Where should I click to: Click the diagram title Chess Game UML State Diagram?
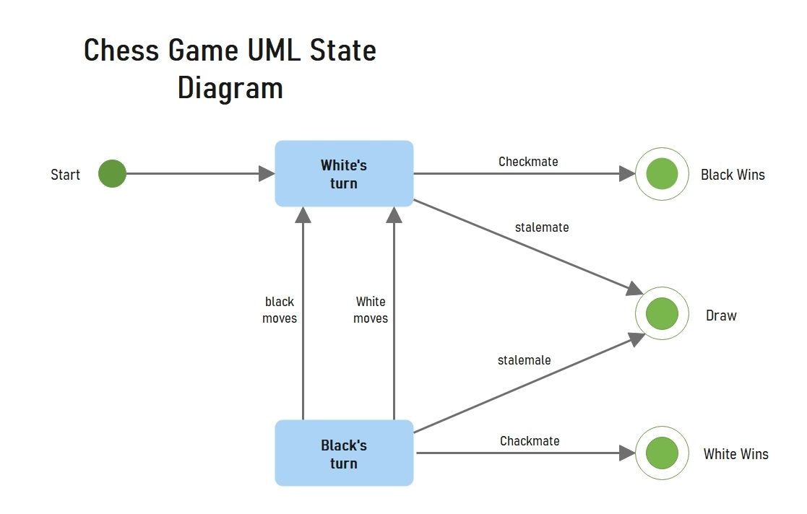[230, 69]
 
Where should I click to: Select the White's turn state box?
[344, 174]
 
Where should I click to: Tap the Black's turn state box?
[344, 453]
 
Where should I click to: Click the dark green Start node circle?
[112, 174]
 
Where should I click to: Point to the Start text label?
[65, 175]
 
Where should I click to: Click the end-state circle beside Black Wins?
[661, 174]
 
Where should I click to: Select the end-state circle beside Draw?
[661, 314]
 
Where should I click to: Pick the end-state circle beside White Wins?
[661, 453]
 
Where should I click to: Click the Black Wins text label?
[732, 175]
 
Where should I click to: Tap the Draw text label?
[720, 315]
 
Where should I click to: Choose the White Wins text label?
[735, 454]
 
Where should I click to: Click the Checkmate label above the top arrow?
[528, 162]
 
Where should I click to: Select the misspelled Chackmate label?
[530, 441]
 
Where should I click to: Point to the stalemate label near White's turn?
[541, 227]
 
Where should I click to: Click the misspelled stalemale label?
[524, 360]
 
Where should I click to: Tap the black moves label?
[280, 310]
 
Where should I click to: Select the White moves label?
[371, 310]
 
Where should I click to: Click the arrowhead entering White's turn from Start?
[267, 174]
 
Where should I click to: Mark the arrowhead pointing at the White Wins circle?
[627, 453]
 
